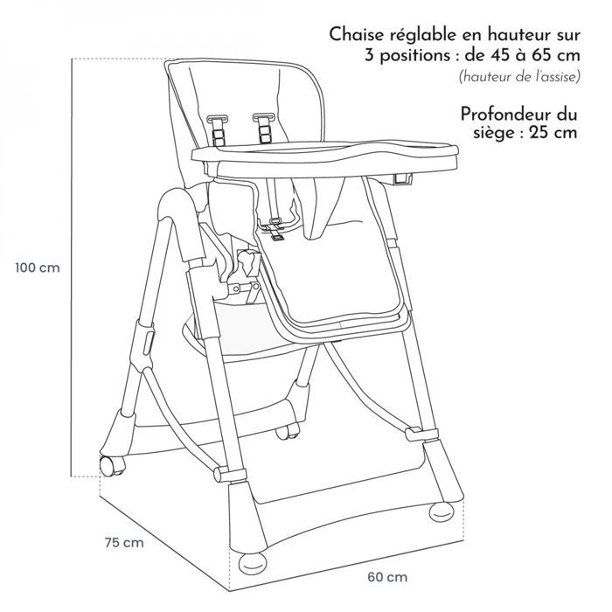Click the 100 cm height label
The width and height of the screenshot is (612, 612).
point(38,268)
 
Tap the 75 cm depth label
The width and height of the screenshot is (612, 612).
point(124,543)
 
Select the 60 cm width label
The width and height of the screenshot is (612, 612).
point(387,577)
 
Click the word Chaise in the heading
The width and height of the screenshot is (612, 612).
point(357,34)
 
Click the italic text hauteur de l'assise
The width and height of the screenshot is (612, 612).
point(519,77)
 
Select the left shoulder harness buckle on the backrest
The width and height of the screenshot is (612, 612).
point(218,128)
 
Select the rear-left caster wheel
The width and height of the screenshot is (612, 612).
point(112,466)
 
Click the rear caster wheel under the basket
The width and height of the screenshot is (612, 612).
point(288,432)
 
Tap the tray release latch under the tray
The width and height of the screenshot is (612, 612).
point(403,178)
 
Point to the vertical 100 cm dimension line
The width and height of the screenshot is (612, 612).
point(72,268)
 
